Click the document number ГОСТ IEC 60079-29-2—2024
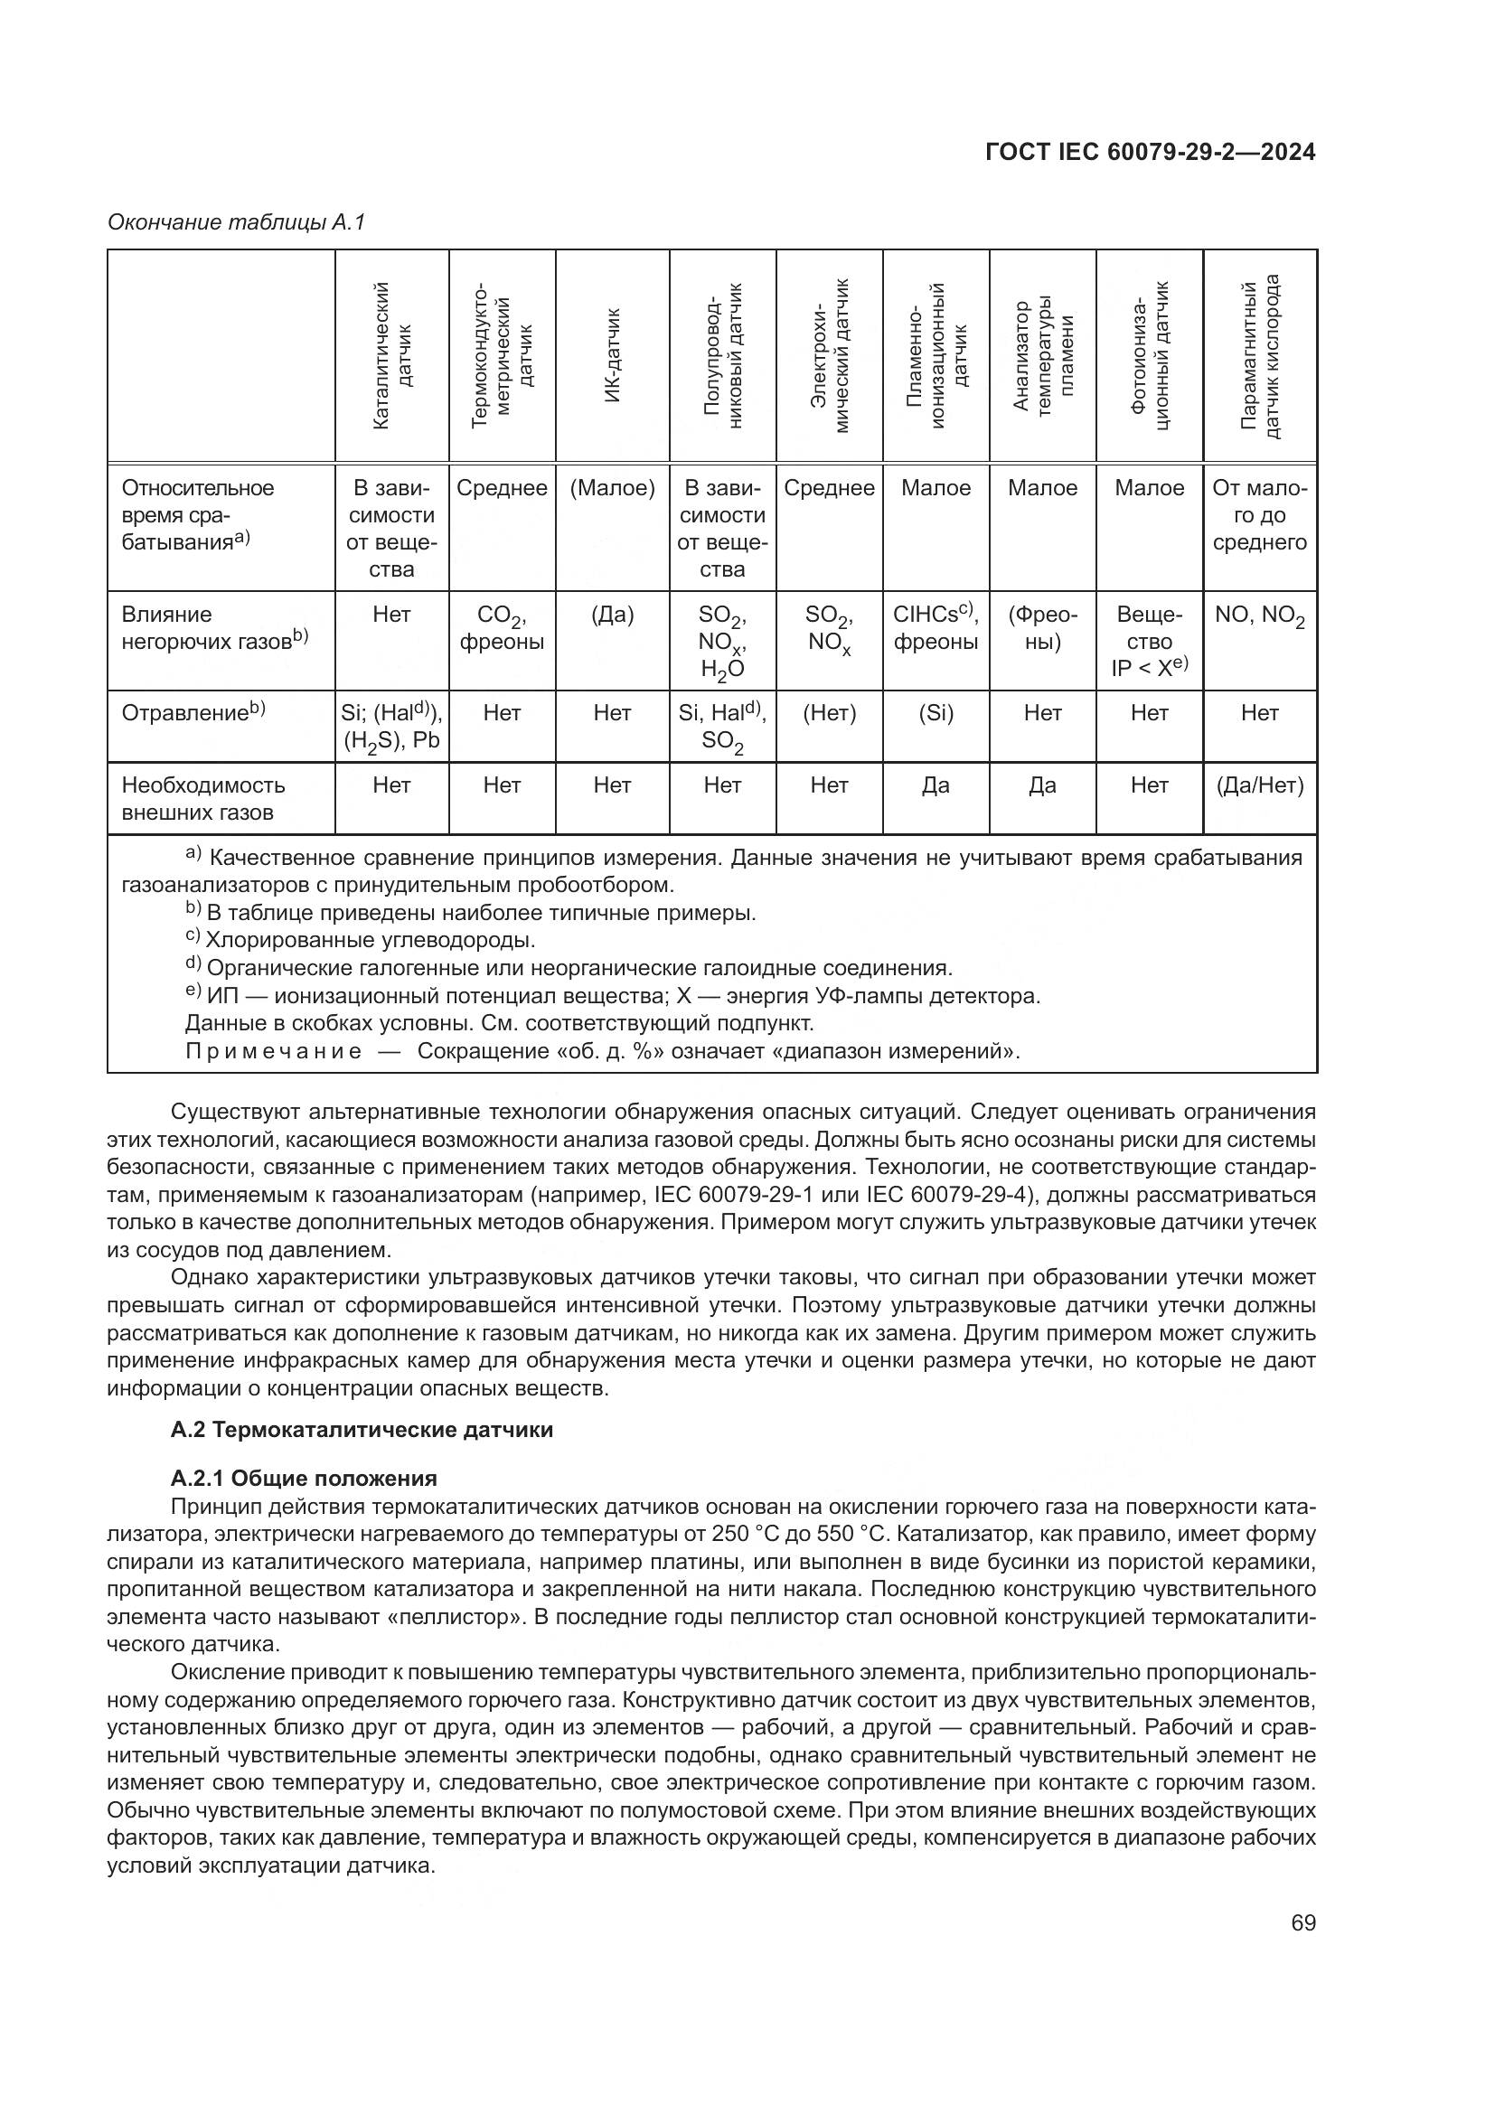click(1150, 152)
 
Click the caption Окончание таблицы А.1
click(237, 222)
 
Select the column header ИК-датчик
click(612, 355)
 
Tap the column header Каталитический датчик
click(391, 355)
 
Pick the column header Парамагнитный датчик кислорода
click(1259, 355)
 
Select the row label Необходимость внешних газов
click(203, 798)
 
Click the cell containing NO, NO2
click(1259, 616)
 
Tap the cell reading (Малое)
click(612, 488)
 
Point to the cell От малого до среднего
click(1259, 514)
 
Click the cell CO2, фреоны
click(502, 628)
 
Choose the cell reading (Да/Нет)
click(1259, 785)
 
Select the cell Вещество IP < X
click(1149, 641)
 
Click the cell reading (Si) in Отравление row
click(936, 714)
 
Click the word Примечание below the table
click(272, 1050)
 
